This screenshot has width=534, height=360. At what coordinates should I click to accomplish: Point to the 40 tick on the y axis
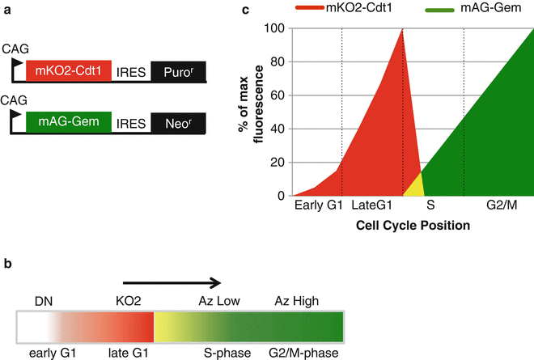(x=279, y=129)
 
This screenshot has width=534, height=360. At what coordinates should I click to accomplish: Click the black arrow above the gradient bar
(x=171, y=282)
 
